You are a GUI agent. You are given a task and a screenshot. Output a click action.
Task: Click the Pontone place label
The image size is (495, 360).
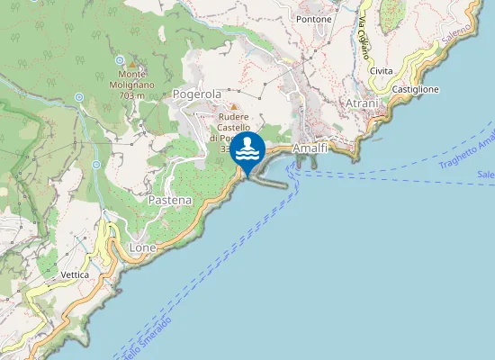314,19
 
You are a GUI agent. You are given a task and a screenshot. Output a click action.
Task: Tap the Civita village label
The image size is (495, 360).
381,71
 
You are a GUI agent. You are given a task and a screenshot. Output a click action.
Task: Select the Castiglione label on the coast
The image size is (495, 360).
415,90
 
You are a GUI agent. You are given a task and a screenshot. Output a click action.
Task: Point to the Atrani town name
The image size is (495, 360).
362,104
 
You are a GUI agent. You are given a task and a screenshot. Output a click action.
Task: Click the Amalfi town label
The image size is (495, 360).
310,148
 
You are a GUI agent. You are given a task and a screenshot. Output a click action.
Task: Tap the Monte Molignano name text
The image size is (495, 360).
131,78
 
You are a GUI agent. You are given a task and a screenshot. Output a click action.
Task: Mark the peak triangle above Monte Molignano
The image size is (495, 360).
132,64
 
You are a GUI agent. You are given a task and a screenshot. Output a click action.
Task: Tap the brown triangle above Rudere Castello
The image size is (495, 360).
232,106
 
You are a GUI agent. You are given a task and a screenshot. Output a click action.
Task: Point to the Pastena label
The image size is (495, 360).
170,200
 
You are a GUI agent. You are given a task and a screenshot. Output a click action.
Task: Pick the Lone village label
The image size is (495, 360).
143,247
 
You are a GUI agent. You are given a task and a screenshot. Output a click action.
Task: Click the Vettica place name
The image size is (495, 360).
74,274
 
